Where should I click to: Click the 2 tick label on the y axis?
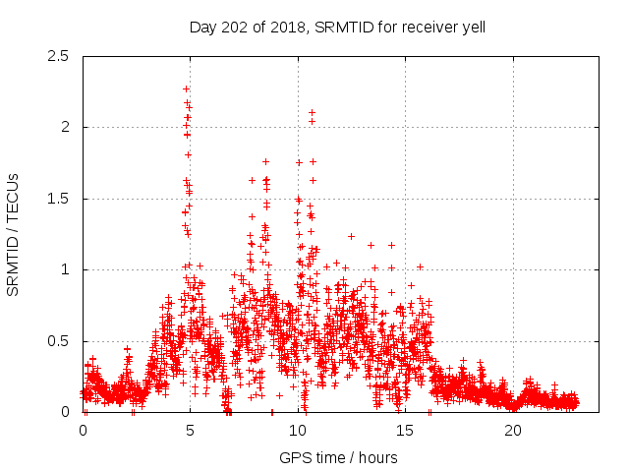click(x=65, y=127)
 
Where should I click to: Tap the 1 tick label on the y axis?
click(x=65, y=269)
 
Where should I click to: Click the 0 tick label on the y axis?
click(x=65, y=412)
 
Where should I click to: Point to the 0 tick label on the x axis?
click(x=83, y=431)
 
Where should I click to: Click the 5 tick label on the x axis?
click(x=191, y=431)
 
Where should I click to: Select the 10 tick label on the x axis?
click(x=299, y=431)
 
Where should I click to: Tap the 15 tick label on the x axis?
click(x=406, y=431)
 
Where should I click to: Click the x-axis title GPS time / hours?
click(x=338, y=457)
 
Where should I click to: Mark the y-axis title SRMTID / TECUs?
click(x=14, y=234)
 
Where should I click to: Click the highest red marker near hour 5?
click(x=186, y=89)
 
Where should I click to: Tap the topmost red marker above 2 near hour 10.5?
click(x=312, y=112)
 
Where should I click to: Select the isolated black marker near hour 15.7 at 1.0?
click(x=420, y=266)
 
